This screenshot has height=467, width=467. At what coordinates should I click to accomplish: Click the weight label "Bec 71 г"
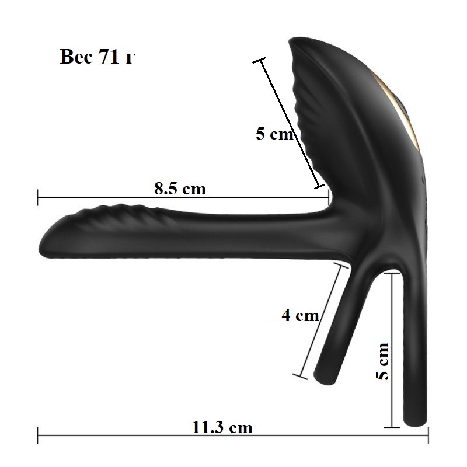tap(97, 56)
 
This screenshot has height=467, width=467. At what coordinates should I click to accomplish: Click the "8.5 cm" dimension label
tap(180, 189)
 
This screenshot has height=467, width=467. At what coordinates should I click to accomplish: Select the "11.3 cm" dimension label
tap(222, 427)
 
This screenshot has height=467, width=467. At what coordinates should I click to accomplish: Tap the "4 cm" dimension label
tap(300, 315)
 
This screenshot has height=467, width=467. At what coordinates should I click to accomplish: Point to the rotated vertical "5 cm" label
tap(383, 361)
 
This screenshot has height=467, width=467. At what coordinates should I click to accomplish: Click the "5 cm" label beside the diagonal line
tap(274, 133)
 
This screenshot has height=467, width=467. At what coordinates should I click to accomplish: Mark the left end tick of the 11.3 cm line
tap(37, 435)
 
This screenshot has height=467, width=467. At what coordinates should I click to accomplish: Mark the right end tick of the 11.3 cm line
tap(428, 435)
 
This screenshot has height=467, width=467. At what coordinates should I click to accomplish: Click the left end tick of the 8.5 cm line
tap(37, 197)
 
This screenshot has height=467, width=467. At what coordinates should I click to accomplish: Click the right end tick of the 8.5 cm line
tap(329, 197)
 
